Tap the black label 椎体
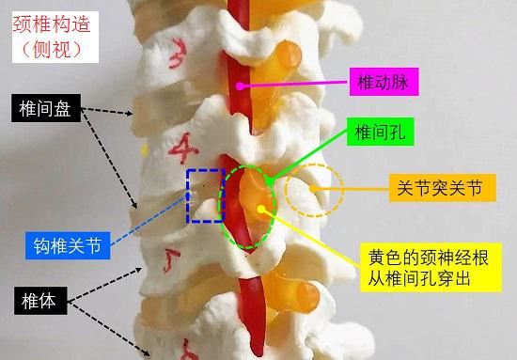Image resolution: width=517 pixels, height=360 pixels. pos(37,302)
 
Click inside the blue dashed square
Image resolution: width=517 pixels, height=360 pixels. pos(204,196)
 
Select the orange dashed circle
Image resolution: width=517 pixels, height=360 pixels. pos(314,190)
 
